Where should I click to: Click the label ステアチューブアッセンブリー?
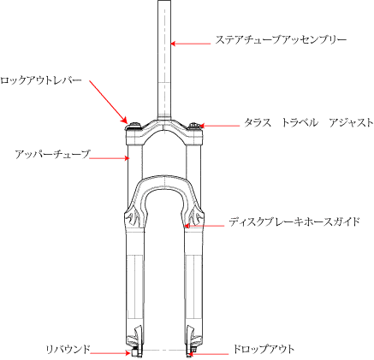(x=281, y=40)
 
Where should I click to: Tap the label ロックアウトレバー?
(x=41, y=80)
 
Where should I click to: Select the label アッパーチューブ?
(x=52, y=154)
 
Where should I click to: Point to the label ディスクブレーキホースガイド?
(x=294, y=221)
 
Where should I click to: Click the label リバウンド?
(x=68, y=349)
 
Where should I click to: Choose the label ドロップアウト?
(x=264, y=349)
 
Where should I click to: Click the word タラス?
(x=258, y=123)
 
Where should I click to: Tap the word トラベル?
(x=300, y=123)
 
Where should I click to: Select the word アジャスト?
(x=351, y=123)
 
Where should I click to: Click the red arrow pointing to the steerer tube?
(x=191, y=44)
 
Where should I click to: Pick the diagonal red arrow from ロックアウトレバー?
(x=108, y=102)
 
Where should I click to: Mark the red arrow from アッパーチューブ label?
(x=110, y=157)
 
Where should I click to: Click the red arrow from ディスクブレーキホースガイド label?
(x=205, y=226)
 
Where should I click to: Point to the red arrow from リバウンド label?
(x=110, y=353)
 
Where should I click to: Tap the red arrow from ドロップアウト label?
(x=209, y=354)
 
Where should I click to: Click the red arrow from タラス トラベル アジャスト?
(x=219, y=126)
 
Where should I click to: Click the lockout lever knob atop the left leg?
(x=134, y=126)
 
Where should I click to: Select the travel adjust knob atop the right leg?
(x=195, y=126)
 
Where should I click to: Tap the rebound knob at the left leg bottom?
(x=135, y=352)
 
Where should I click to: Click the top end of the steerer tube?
(x=164, y=1)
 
